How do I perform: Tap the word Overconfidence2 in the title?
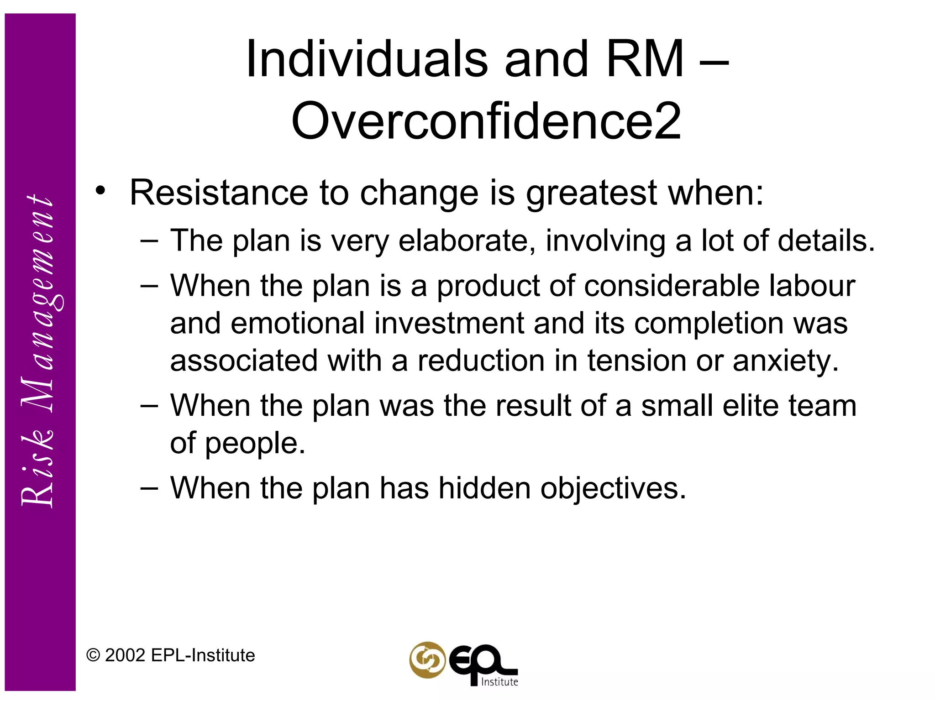[486, 121]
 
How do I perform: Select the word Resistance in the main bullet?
[219, 193]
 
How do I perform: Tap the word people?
[255, 444]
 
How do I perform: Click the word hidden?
[484, 488]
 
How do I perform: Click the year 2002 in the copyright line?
[125, 655]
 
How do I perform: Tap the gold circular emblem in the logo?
[427, 660]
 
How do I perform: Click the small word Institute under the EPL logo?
[499, 682]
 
